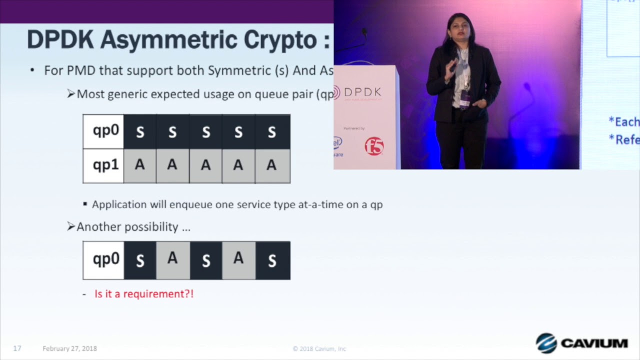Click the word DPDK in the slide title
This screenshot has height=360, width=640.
pos(60,40)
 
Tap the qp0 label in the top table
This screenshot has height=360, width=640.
pos(105,131)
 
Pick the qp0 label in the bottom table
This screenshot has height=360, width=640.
pos(105,259)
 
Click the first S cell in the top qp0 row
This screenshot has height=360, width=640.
pos(140,132)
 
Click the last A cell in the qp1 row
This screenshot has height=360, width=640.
pos(271,165)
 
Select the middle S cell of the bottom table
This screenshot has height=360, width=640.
pos(205,260)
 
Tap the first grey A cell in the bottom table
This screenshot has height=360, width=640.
pos(172,259)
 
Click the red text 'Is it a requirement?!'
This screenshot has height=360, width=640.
pos(144,294)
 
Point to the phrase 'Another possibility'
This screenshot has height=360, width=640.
pos(127,227)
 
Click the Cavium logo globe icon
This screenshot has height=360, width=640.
pos(546,343)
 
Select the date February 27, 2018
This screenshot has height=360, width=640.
pos(69,348)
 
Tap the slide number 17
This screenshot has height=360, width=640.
pos(17,348)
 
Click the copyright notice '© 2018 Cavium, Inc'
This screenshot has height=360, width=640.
pos(319,348)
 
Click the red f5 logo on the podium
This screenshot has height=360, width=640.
pos(374,146)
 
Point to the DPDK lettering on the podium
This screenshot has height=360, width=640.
pos(362,92)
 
